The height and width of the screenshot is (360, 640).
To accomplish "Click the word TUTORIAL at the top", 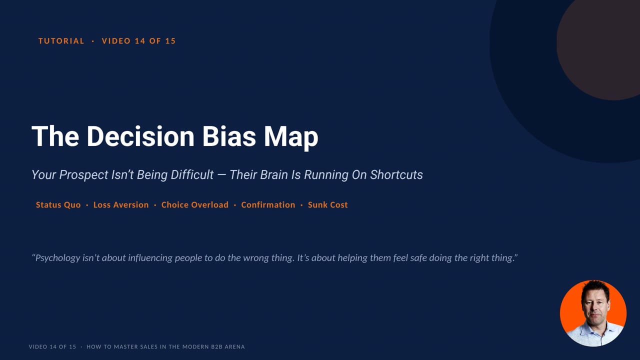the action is click(61, 41).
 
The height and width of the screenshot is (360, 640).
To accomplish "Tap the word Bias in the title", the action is click(229, 136).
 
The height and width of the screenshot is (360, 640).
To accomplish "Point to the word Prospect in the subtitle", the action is click(83, 175).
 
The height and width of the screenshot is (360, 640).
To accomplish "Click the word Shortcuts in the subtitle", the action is click(396, 175).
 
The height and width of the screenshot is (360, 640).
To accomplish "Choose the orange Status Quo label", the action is click(58, 205).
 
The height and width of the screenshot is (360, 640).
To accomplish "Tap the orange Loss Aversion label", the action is click(121, 205).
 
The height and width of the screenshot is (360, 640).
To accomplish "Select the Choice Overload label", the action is click(195, 205).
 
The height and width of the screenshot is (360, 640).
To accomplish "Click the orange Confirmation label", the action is click(268, 205).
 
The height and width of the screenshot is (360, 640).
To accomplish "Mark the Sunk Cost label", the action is click(327, 205).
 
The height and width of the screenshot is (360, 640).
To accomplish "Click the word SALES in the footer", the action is click(149, 347).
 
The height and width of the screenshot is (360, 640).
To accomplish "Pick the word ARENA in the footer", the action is click(235, 347).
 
